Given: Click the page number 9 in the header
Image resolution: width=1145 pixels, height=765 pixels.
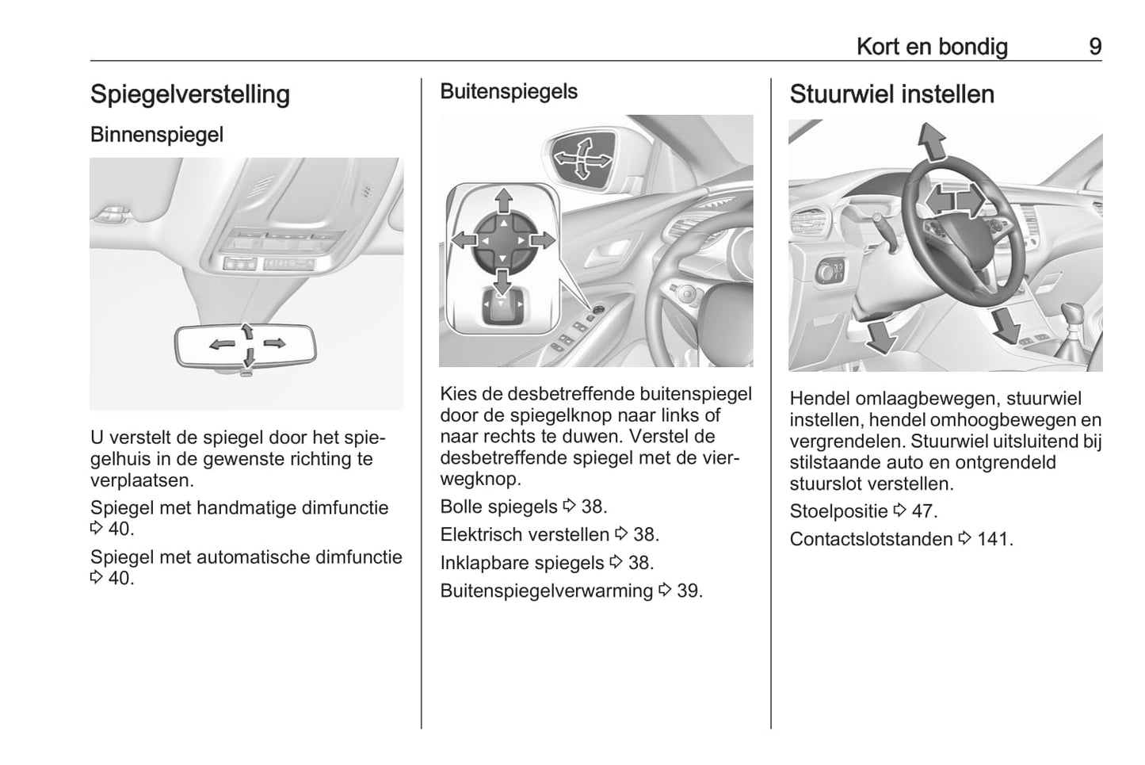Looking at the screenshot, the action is [1094, 47].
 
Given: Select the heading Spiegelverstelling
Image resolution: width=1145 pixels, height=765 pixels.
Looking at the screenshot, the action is [190, 94].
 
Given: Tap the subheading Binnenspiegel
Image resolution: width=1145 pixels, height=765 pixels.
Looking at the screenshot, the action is [157, 135].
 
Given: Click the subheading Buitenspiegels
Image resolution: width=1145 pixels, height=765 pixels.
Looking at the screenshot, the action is [509, 92].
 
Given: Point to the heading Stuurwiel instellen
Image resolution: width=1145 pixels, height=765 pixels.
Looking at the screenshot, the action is [891, 94].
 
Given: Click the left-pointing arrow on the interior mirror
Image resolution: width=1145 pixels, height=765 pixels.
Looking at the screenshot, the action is [221, 344].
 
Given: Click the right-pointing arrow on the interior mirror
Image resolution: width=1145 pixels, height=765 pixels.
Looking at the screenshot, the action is [274, 343].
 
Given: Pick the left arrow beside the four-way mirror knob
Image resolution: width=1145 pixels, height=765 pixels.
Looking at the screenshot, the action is [463, 239].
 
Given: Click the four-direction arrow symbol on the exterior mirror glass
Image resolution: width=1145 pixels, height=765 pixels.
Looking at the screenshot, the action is [582, 159].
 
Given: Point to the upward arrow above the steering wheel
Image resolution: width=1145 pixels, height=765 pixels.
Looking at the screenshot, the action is [933, 143].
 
